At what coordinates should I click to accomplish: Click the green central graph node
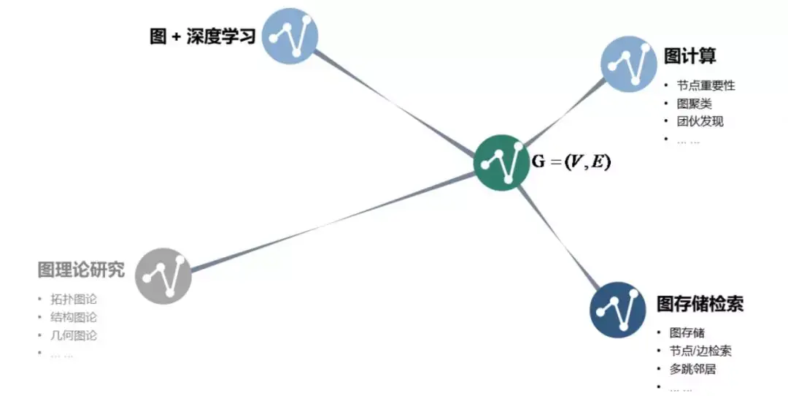pyautogui.click(x=501, y=162)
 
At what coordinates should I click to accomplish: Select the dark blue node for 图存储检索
pyautogui.click(x=618, y=309)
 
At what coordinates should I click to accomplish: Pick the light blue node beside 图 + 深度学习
pyautogui.click(x=290, y=35)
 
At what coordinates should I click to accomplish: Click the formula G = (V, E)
pyautogui.click(x=571, y=162)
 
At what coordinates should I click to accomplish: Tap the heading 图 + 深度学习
pyautogui.click(x=202, y=36)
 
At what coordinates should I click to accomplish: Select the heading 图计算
pyautogui.click(x=689, y=56)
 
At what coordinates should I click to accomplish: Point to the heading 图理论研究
pyautogui.click(x=81, y=270)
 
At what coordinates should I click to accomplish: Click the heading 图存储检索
pyautogui.click(x=700, y=303)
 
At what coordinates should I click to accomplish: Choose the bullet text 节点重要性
pyautogui.click(x=706, y=85)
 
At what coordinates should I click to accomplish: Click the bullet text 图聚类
pyautogui.click(x=694, y=104)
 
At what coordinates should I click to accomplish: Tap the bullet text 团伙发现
pyautogui.click(x=700, y=121)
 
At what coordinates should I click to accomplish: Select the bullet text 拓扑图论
pyautogui.click(x=74, y=300)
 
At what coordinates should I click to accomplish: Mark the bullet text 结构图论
pyautogui.click(x=74, y=318)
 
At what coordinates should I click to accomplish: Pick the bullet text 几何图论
pyautogui.click(x=74, y=336)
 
